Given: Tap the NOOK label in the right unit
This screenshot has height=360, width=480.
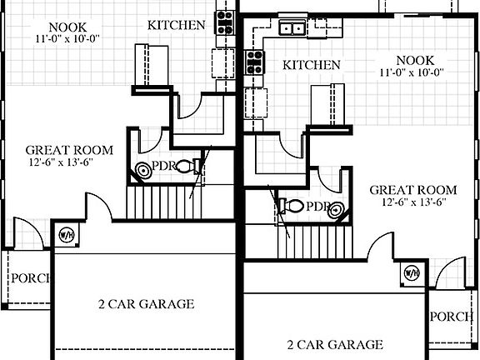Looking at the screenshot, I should coord(416,59).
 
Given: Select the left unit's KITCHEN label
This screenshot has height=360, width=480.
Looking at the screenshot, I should coord(176,25).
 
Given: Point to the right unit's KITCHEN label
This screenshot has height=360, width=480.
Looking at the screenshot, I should coord(312,65).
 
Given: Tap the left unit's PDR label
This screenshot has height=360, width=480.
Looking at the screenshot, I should coord(164,166).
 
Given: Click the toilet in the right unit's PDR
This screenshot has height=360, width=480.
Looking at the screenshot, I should coord(287,205).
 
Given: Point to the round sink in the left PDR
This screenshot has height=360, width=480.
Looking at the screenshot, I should coord(144,170).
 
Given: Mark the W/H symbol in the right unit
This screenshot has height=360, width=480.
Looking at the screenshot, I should coord(411,272).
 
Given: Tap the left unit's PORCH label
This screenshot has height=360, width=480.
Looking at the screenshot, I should coord(27,278).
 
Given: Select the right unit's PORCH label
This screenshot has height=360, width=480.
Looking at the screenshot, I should coord(452,317).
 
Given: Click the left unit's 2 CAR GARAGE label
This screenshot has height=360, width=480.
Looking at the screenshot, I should coord(147,304).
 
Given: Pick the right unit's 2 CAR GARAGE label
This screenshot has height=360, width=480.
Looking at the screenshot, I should coord(334,343).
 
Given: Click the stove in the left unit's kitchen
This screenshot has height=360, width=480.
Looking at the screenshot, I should coord(224,21).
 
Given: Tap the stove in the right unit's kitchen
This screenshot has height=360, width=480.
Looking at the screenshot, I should coord(255,62).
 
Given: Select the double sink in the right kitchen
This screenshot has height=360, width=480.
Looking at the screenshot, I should coord(291,28).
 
